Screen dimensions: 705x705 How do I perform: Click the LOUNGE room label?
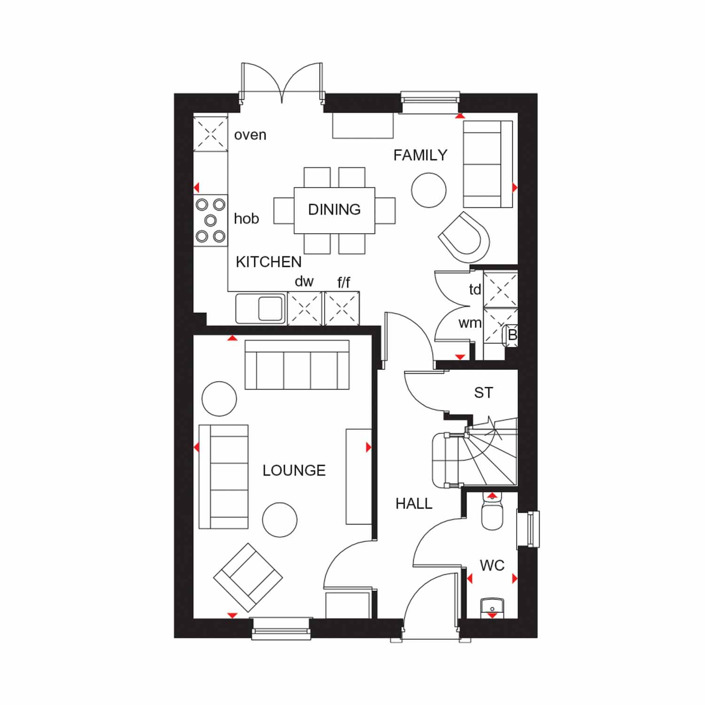tap(294, 470)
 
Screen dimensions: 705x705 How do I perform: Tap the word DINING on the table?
tap(334, 210)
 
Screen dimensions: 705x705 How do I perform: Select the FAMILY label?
tap(420, 155)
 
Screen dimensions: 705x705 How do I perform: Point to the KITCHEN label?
tap(268, 262)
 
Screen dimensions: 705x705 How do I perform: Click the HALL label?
tap(414, 504)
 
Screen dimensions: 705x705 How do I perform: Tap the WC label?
tap(492, 565)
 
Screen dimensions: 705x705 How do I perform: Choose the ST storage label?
tap(483, 393)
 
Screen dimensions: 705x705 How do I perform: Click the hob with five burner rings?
tap(211, 220)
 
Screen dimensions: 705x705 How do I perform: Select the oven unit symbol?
tap(210, 134)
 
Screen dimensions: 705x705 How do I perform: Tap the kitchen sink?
tap(260, 308)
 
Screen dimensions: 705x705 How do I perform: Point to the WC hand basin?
tap(492, 607)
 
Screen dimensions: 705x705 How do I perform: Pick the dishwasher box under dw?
tap(305, 308)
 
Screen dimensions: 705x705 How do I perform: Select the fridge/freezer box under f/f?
tap(342, 308)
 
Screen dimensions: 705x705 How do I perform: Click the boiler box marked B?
tap(512, 335)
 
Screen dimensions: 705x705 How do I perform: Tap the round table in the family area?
tap(428, 190)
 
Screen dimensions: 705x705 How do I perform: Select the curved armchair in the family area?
tap(465, 238)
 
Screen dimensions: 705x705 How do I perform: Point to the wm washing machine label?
tap(470, 323)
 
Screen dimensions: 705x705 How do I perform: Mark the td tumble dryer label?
tap(475, 290)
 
